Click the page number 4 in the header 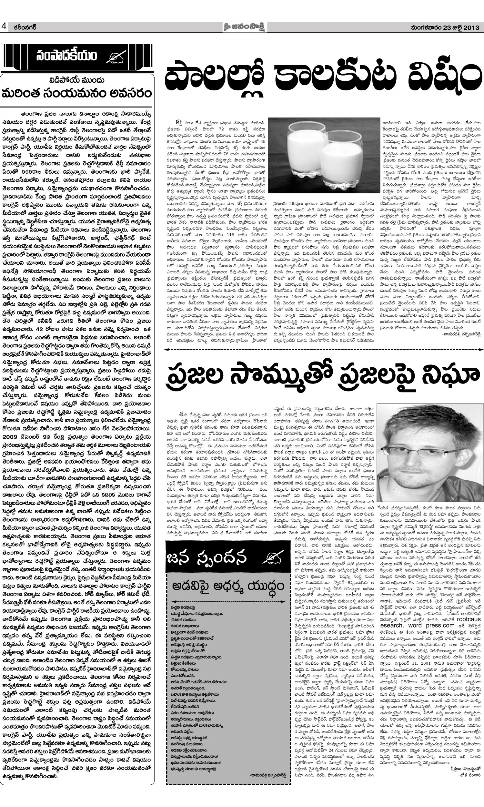point(4,27)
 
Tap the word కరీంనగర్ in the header point(23,27)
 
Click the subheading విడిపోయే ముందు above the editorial point(77,80)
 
